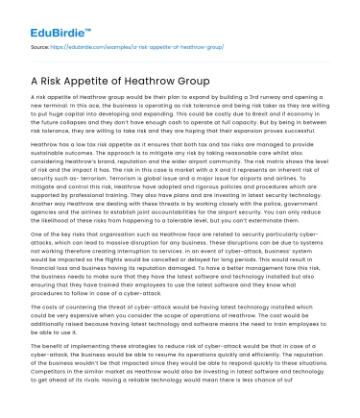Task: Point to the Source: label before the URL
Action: [x=40, y=45]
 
